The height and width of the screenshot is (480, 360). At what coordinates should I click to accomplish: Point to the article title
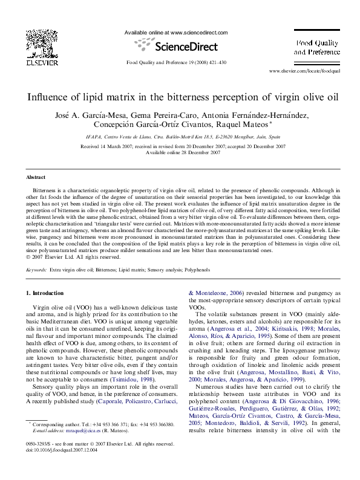180,97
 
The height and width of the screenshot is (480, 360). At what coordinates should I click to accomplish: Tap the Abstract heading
36,177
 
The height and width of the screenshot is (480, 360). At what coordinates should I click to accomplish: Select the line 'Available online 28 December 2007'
180,152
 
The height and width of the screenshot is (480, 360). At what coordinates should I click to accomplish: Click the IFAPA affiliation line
180,138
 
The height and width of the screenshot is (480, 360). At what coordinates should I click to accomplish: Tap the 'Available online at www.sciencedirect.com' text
175,31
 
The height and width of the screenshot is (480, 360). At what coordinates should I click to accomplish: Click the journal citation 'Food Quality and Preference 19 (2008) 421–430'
175,63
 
